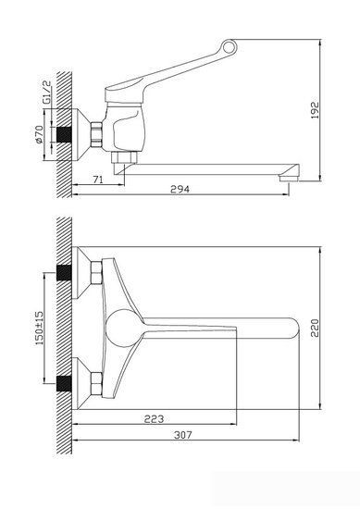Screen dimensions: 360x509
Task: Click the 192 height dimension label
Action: point(316,110)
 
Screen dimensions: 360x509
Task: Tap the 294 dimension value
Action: point(180,189)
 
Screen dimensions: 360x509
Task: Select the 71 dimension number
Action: point(98,180)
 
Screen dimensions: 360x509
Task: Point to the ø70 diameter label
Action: point(39,134)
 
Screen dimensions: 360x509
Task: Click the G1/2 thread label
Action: point(47,93)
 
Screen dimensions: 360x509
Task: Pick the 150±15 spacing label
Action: point(39,328)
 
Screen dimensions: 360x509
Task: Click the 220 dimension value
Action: point(316,328)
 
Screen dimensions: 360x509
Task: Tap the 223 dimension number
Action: point(154,418)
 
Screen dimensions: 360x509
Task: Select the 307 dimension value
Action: point(183,435)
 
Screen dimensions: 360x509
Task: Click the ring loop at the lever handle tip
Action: point(229,48)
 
